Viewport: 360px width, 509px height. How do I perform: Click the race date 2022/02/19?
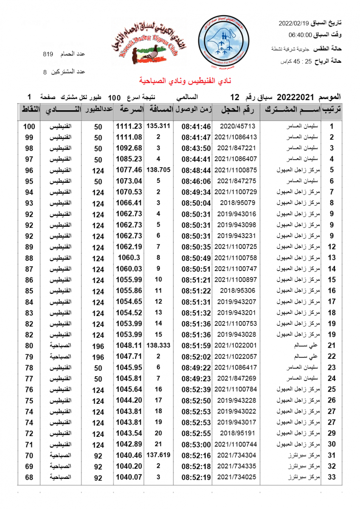(x=295, y=22)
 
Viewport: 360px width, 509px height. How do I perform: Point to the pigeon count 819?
(x=48, y=54)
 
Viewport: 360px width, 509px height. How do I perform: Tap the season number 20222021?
(x=292, y=97)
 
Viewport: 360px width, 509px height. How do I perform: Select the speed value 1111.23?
(x=128, y=126)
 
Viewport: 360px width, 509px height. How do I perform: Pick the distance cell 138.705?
(x=158, y=170)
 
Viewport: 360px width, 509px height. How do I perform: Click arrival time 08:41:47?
(x=196, y=137)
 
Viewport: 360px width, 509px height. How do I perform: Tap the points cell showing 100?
(x=29, y=126)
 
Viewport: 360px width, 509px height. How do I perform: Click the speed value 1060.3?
(x=128, y=257)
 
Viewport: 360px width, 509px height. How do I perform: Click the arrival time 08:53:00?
(x=196, y=445)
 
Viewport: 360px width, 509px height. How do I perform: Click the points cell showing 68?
(x=29, y=478)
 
